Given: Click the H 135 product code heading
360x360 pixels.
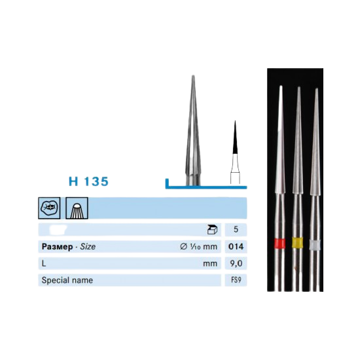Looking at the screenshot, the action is (88, 181).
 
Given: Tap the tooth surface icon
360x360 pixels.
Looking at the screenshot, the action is (49, 208).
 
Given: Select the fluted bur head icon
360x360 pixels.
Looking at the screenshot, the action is (77, 208).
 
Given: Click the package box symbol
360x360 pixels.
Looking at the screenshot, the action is (212, 229).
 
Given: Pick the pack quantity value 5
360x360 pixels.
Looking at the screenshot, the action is (236, 229).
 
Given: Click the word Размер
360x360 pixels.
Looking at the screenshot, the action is (57, 247).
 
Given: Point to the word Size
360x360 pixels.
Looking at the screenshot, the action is (88, 247).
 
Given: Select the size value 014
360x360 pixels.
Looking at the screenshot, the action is (236, 246).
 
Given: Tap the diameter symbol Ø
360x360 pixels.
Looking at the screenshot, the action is (183, 246).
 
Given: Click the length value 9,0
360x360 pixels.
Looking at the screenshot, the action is (236, 263).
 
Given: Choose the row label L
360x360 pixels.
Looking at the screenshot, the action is (44, 263).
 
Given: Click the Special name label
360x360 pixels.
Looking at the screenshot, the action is (67, 280).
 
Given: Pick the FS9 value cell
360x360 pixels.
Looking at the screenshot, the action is (236, 280).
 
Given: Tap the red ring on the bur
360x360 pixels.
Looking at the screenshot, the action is (280, 243).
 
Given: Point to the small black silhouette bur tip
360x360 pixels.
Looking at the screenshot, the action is (235, 137).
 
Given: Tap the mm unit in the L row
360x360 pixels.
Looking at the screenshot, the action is (210, 264).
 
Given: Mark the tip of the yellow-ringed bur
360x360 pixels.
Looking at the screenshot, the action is (298, 87).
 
